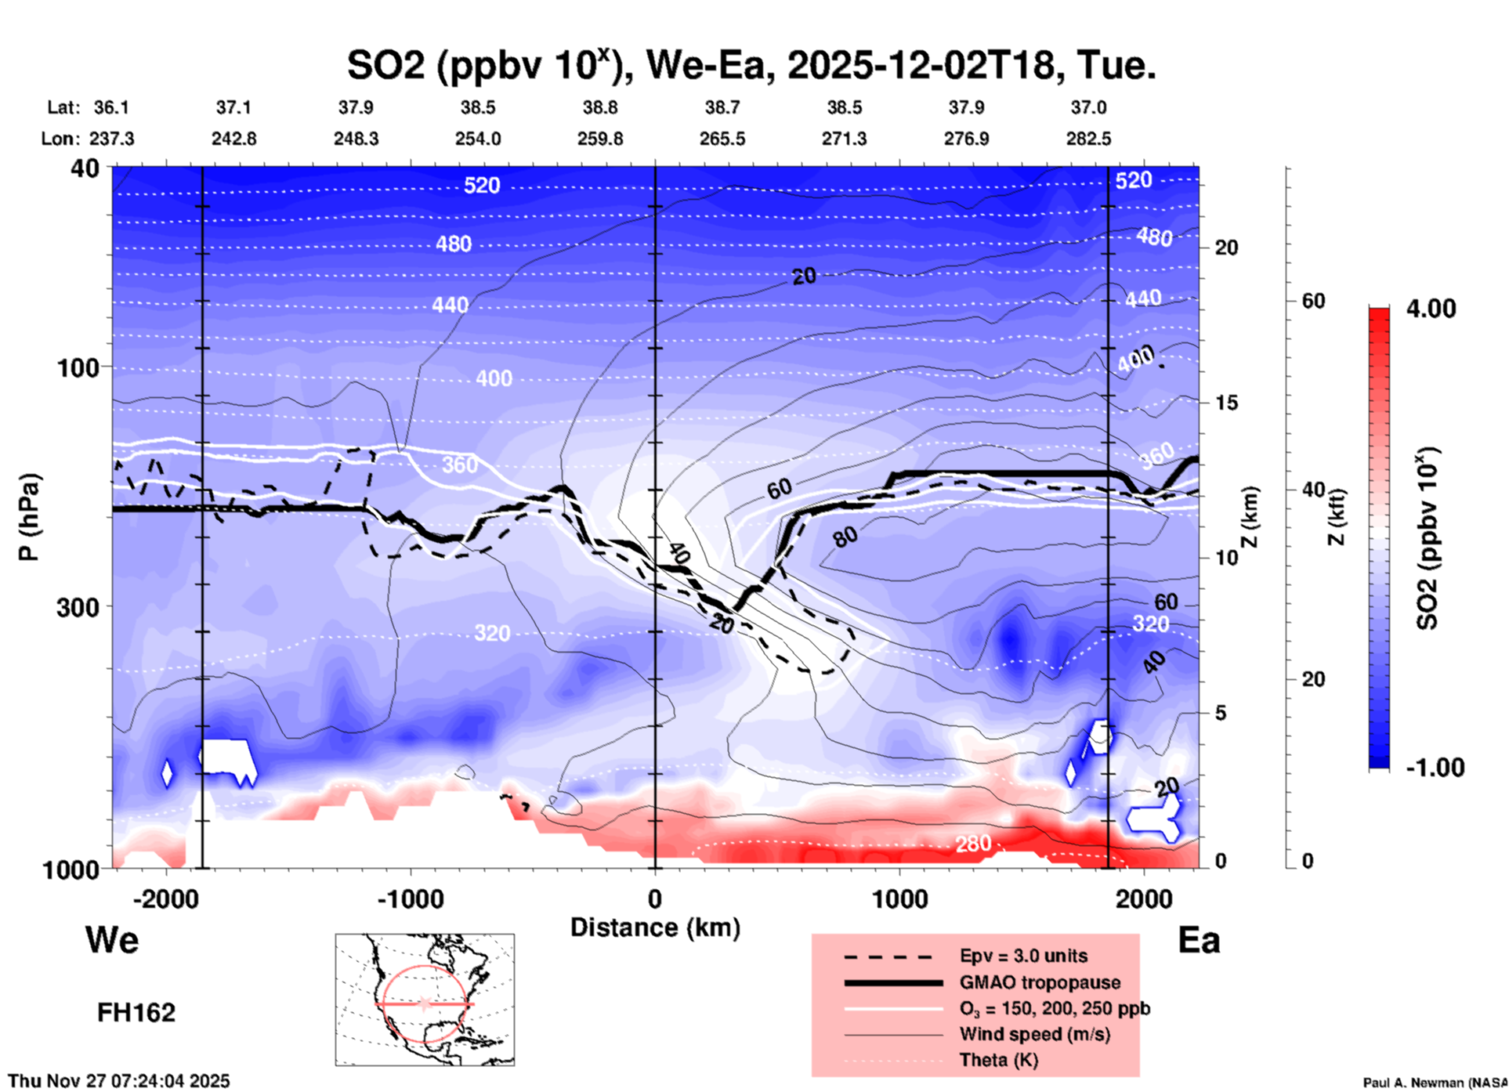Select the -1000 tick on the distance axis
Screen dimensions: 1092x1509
coord(411,899)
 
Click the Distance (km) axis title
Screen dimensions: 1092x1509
coord(655,927)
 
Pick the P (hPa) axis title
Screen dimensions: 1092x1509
coord(29,517)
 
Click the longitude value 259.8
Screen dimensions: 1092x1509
coord(600,139)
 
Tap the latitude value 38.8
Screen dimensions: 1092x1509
coord(600,107)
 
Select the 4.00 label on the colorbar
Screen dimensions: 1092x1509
coord(1431,309)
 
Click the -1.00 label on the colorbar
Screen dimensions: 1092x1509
coord(1435,768)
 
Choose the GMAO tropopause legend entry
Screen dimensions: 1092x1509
coord(1040,982)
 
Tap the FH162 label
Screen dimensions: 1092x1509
coord(136,1013)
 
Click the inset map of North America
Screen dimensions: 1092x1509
coord(425,999)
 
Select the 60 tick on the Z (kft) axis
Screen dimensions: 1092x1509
coord(1313,301)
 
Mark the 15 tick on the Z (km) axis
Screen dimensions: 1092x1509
coord(1226,403)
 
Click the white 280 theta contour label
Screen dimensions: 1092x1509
coord(973,844)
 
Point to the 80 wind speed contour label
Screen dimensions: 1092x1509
coord(845,537)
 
